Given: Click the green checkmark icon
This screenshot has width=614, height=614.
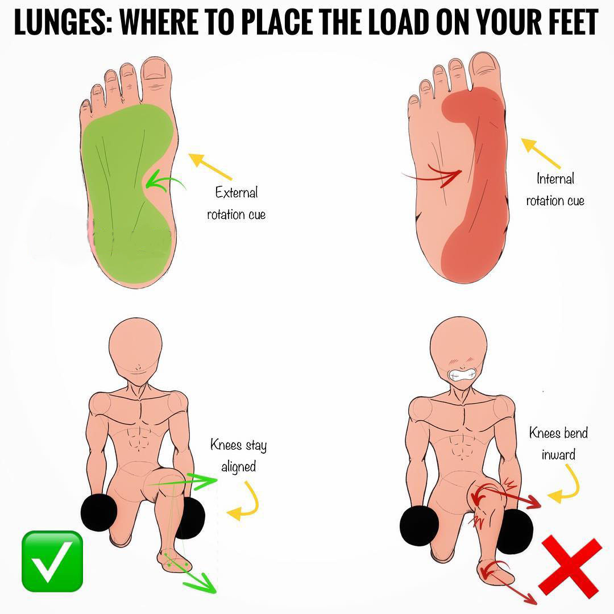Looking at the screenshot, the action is tap(52, 561).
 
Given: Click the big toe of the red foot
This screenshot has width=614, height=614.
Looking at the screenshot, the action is tap(486, 70).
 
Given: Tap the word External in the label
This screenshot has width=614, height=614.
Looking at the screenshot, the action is tap(237, 192).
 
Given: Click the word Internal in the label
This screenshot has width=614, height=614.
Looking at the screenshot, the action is tap(555, 179).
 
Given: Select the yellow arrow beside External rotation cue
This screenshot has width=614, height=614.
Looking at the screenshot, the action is tap(210, 166).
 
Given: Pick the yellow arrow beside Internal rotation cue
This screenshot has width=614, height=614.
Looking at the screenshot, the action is tap(541, 153).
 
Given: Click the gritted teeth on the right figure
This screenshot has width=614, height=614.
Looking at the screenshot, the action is tap(462, 375).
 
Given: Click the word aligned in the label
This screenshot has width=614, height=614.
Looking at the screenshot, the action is tap(238, 467).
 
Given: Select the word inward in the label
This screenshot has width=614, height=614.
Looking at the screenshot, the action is tap(558, 455).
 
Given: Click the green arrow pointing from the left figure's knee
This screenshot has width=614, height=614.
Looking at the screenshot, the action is tap(182, 482).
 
